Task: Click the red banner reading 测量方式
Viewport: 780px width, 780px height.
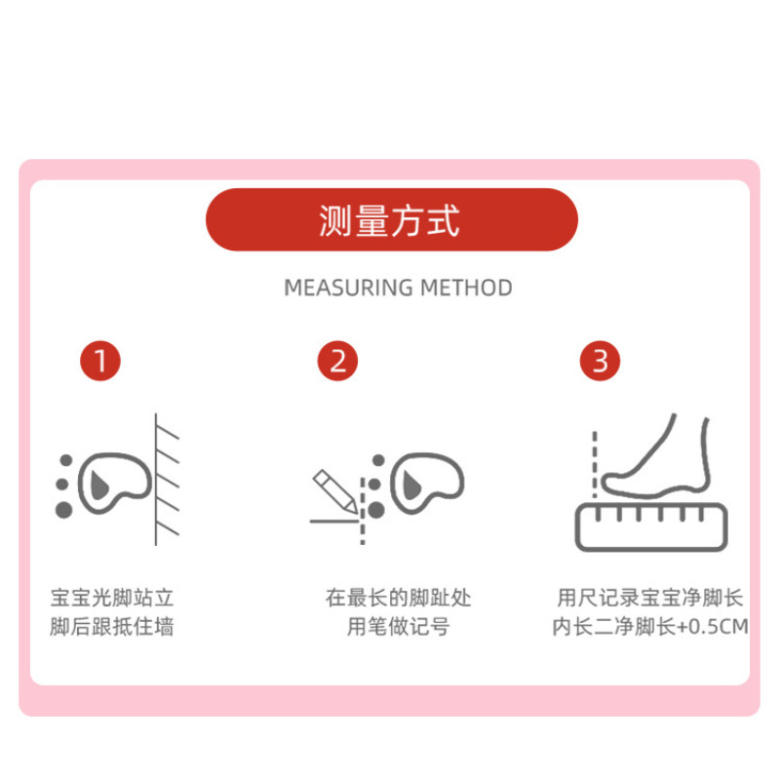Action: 392,219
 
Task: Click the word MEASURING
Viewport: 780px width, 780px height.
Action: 348,288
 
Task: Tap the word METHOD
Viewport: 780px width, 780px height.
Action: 466,288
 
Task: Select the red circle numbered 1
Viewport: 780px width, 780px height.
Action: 100,361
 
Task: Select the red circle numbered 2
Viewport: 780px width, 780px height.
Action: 337,361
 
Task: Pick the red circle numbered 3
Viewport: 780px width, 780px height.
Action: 600,361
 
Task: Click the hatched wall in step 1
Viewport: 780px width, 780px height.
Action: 167,480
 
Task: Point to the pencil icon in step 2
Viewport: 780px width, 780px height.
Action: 334,491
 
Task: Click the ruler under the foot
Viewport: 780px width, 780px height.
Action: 651,526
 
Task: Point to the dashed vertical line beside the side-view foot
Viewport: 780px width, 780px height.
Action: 595,464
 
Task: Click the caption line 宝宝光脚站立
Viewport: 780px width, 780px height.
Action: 112,598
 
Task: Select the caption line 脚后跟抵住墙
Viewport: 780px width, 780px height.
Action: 112,626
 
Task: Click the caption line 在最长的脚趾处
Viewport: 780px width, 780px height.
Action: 399,598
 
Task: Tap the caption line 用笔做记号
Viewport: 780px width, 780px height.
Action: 399,626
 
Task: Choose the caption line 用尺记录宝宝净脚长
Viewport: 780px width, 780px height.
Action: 650,598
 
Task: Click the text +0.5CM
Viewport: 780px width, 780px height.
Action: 713,627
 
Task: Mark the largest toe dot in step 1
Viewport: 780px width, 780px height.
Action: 63,510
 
